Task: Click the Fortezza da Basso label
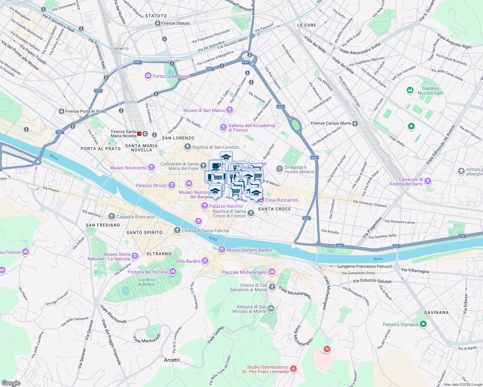171,76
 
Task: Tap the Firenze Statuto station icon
158,23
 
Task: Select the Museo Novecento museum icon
151,167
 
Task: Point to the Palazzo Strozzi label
151,185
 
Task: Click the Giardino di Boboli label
146,282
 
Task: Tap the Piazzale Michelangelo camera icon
272,272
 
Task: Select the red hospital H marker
327,349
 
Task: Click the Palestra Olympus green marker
423,324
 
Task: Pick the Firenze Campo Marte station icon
355,123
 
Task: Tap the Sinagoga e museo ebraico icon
279,169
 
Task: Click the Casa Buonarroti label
282,200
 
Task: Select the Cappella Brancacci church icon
112,216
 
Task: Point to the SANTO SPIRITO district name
144,233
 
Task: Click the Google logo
11,383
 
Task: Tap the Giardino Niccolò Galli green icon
410,90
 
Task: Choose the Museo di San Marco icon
230,110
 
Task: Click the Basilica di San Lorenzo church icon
187,147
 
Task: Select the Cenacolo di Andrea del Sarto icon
428,181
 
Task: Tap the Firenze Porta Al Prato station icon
61,111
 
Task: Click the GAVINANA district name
436,313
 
